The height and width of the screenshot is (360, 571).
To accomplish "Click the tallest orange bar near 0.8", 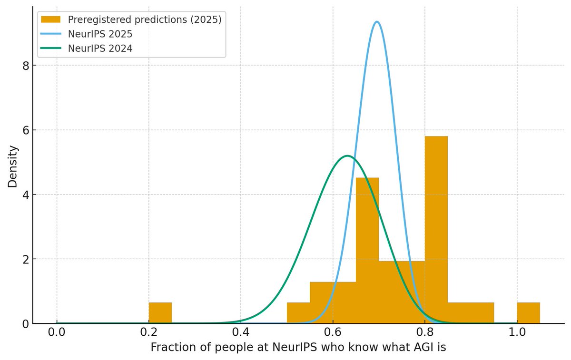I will tap(436, 228).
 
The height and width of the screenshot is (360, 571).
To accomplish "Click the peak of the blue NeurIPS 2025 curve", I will tap(377, 22).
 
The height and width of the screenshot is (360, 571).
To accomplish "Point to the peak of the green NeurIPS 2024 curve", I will tap(348, 156).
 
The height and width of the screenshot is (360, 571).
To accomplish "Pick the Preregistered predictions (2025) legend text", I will tap(145, 19).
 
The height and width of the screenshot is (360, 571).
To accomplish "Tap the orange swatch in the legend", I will tap(51, 19).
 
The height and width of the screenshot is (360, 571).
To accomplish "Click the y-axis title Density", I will tap(13, 166).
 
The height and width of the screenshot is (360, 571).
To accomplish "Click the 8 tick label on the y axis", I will tap(27, 66).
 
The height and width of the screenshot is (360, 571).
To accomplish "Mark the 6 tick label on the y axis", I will tap(27, 130).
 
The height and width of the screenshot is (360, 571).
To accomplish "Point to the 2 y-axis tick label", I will tap(27, 259).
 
